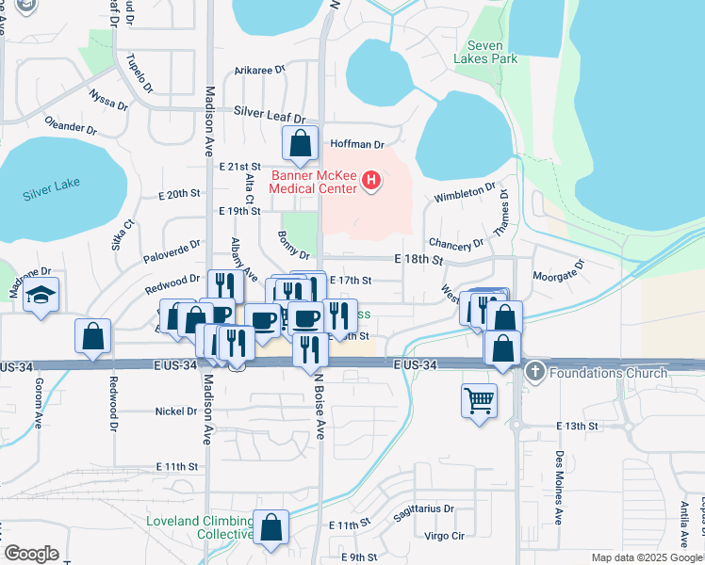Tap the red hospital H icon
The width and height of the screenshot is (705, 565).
(372, 180)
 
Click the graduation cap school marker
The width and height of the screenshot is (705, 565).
(41, 295)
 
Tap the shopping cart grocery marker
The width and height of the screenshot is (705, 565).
(480, 400)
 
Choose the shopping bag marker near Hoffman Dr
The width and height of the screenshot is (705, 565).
(300, 144)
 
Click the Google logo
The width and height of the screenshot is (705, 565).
(31, 554)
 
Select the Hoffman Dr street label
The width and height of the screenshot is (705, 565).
(357, 145)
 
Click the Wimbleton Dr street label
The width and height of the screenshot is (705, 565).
(465, 193)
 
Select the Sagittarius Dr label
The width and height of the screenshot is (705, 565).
(424, 508)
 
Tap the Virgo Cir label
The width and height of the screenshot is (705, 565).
(445, 536)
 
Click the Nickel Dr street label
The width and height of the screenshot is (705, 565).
(176, 412)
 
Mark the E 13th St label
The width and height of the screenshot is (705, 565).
(577, 426)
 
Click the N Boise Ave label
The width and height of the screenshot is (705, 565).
(320, 405)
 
